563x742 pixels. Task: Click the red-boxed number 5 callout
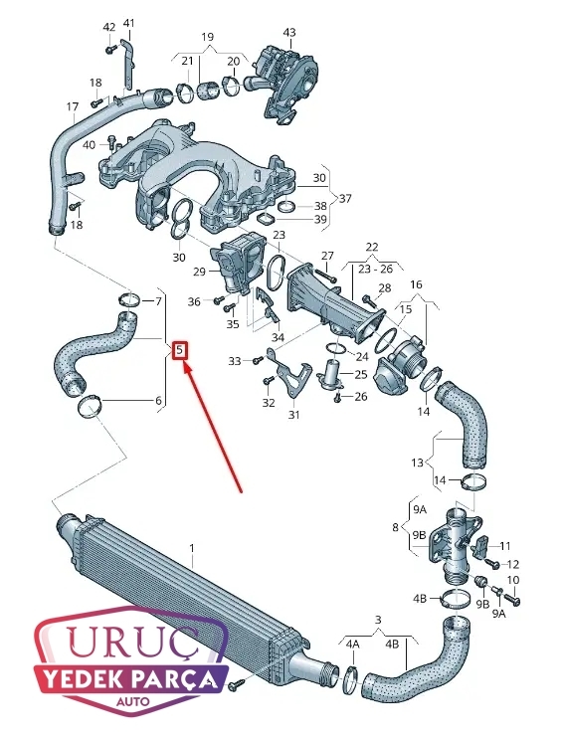point(180,351)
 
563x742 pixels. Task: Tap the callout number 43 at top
point(289,32)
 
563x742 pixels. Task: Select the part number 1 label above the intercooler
point(192,548)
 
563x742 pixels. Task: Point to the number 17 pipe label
point(73,107)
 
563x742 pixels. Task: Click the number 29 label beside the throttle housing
point(199,272)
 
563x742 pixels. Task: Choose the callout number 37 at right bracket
point(345,198)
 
